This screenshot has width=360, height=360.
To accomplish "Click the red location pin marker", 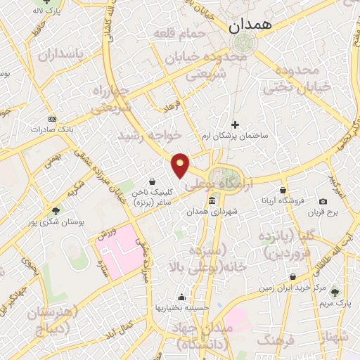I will click(x=181, y=165).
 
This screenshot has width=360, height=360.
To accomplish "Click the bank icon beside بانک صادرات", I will click(x=52, y=119).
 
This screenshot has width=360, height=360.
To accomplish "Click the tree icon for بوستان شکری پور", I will click(x=56, y=210).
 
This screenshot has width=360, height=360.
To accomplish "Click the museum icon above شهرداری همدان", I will click(x=212, y=202).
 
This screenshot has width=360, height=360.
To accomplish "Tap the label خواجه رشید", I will click(x=150, y=134).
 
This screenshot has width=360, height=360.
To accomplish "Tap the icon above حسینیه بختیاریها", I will click(x=182, y=297).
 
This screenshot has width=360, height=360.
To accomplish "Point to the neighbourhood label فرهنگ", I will click(x=274, y=340).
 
